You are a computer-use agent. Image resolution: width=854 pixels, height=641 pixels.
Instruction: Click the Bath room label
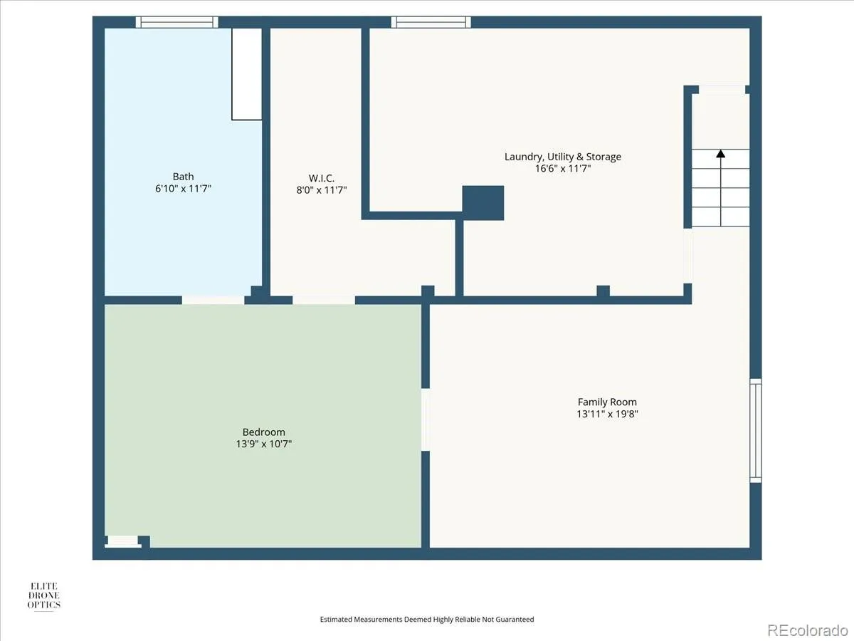(183, 177)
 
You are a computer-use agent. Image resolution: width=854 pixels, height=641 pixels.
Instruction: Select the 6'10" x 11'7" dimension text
(183, 189)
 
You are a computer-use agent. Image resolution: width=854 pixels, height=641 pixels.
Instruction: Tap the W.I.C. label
(322, 178)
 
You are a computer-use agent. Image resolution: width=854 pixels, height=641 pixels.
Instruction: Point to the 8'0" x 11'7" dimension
(322, 190)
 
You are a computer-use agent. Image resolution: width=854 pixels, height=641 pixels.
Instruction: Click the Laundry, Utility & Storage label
(563, 157)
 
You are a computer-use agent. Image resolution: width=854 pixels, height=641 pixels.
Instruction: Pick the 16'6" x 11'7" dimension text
(563, 169)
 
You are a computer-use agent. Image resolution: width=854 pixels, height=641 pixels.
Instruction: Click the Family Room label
(607, 402)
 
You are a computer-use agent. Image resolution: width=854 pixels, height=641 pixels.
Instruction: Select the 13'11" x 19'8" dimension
(607, 414)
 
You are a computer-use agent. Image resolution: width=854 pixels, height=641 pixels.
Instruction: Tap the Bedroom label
(263, 432)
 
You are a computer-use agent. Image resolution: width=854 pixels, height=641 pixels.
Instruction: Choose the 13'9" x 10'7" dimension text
(263, 444)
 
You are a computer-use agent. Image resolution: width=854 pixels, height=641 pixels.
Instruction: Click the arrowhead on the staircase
(720, 154)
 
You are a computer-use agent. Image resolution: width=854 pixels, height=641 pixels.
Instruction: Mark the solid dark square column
(483, 203)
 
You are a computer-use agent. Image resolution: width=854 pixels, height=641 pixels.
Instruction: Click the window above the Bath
(177, 22)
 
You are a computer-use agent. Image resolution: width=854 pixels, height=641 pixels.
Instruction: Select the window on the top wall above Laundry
(431, 22)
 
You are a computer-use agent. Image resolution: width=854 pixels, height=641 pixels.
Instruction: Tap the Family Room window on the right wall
(756, 430)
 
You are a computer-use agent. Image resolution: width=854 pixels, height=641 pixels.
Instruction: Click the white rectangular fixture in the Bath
(247, 74)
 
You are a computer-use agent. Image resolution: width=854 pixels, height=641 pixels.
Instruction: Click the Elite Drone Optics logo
(44, 596)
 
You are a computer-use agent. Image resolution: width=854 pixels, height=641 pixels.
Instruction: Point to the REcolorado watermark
(807, 630)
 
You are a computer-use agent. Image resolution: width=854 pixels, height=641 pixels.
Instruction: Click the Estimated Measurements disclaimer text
(427, 619)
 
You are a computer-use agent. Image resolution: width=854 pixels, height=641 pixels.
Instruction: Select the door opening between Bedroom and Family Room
(426, 419)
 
